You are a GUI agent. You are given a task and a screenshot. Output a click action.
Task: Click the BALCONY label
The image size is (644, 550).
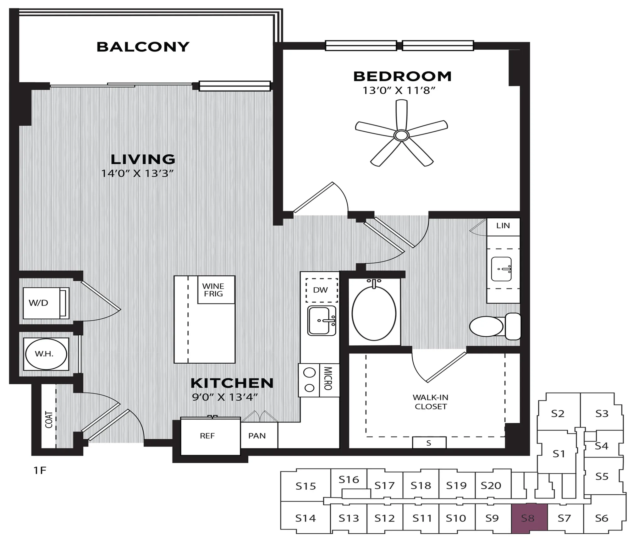point(143,47)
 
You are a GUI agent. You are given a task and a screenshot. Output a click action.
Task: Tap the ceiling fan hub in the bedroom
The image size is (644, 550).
point(401,135)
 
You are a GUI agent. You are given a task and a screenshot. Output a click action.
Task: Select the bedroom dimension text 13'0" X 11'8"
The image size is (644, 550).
point(399,91)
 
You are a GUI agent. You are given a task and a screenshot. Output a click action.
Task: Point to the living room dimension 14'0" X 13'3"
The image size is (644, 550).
point(137,173)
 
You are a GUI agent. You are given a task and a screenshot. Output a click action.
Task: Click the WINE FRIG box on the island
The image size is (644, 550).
point(216,290)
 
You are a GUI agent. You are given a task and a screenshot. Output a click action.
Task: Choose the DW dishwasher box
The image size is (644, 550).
point(322,290)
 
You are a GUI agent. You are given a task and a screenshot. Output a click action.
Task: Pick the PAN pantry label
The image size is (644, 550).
point(257,436)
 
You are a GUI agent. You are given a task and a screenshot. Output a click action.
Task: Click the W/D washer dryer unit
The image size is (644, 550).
point(46,303)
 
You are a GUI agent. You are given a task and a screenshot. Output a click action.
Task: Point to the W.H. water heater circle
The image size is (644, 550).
point(46,354)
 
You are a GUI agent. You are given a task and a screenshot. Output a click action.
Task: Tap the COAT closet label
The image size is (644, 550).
point(49,419)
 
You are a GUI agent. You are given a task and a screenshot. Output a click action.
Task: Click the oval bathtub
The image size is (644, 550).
point(374,313)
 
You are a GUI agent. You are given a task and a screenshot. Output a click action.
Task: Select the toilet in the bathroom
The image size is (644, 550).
point(495,326)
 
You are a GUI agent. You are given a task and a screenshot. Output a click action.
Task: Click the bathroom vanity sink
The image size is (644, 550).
point(501,269)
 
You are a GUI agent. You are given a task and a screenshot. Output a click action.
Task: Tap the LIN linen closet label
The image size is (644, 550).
point(503,226)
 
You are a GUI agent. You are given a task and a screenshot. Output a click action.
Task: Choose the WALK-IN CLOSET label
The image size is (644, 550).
point(430,402)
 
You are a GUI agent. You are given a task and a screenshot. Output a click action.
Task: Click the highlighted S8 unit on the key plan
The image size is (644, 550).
point(529,519)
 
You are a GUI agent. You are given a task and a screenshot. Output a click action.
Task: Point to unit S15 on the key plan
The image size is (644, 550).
point(305,486)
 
